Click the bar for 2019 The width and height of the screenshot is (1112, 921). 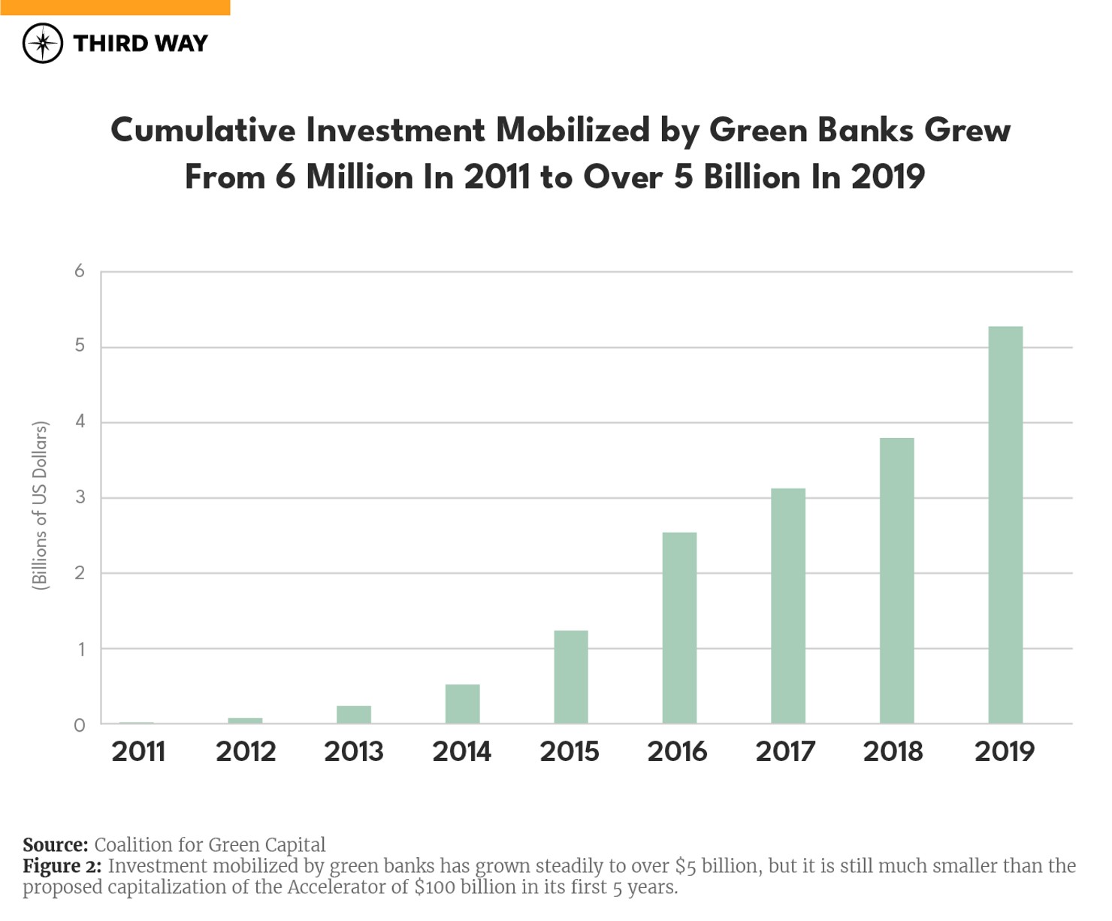(x=1005, y=525)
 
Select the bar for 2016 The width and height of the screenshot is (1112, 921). (x=679, y=628)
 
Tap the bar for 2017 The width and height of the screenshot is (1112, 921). (x=788, y=606)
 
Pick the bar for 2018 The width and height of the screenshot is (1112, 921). (x=896, y=581)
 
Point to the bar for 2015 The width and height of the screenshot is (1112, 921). (x=571, y=677)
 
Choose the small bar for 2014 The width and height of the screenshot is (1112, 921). (x=462, y=704)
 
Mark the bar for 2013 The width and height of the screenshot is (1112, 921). (x=354, y=714)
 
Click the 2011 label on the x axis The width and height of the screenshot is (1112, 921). (x=138, y=751)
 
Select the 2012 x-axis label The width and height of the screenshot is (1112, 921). (x=246, y=751)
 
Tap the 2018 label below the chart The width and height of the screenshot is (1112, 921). (x=893, y=751)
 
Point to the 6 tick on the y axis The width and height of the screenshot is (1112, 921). (x=80, y=271)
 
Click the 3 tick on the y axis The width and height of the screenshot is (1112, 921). (x=80, y=497)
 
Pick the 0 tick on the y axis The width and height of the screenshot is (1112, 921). (x=80, y=725)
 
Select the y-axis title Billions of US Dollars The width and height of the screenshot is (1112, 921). (x=40, y=506)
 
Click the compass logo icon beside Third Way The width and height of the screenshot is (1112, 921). (x=43, y=43)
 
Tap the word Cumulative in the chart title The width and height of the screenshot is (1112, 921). (x=203, y=131)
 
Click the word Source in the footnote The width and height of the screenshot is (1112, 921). (x=55, y=845)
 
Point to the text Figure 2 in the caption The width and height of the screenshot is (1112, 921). (x=62, y=866)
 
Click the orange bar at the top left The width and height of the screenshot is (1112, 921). (x=115, y=8)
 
